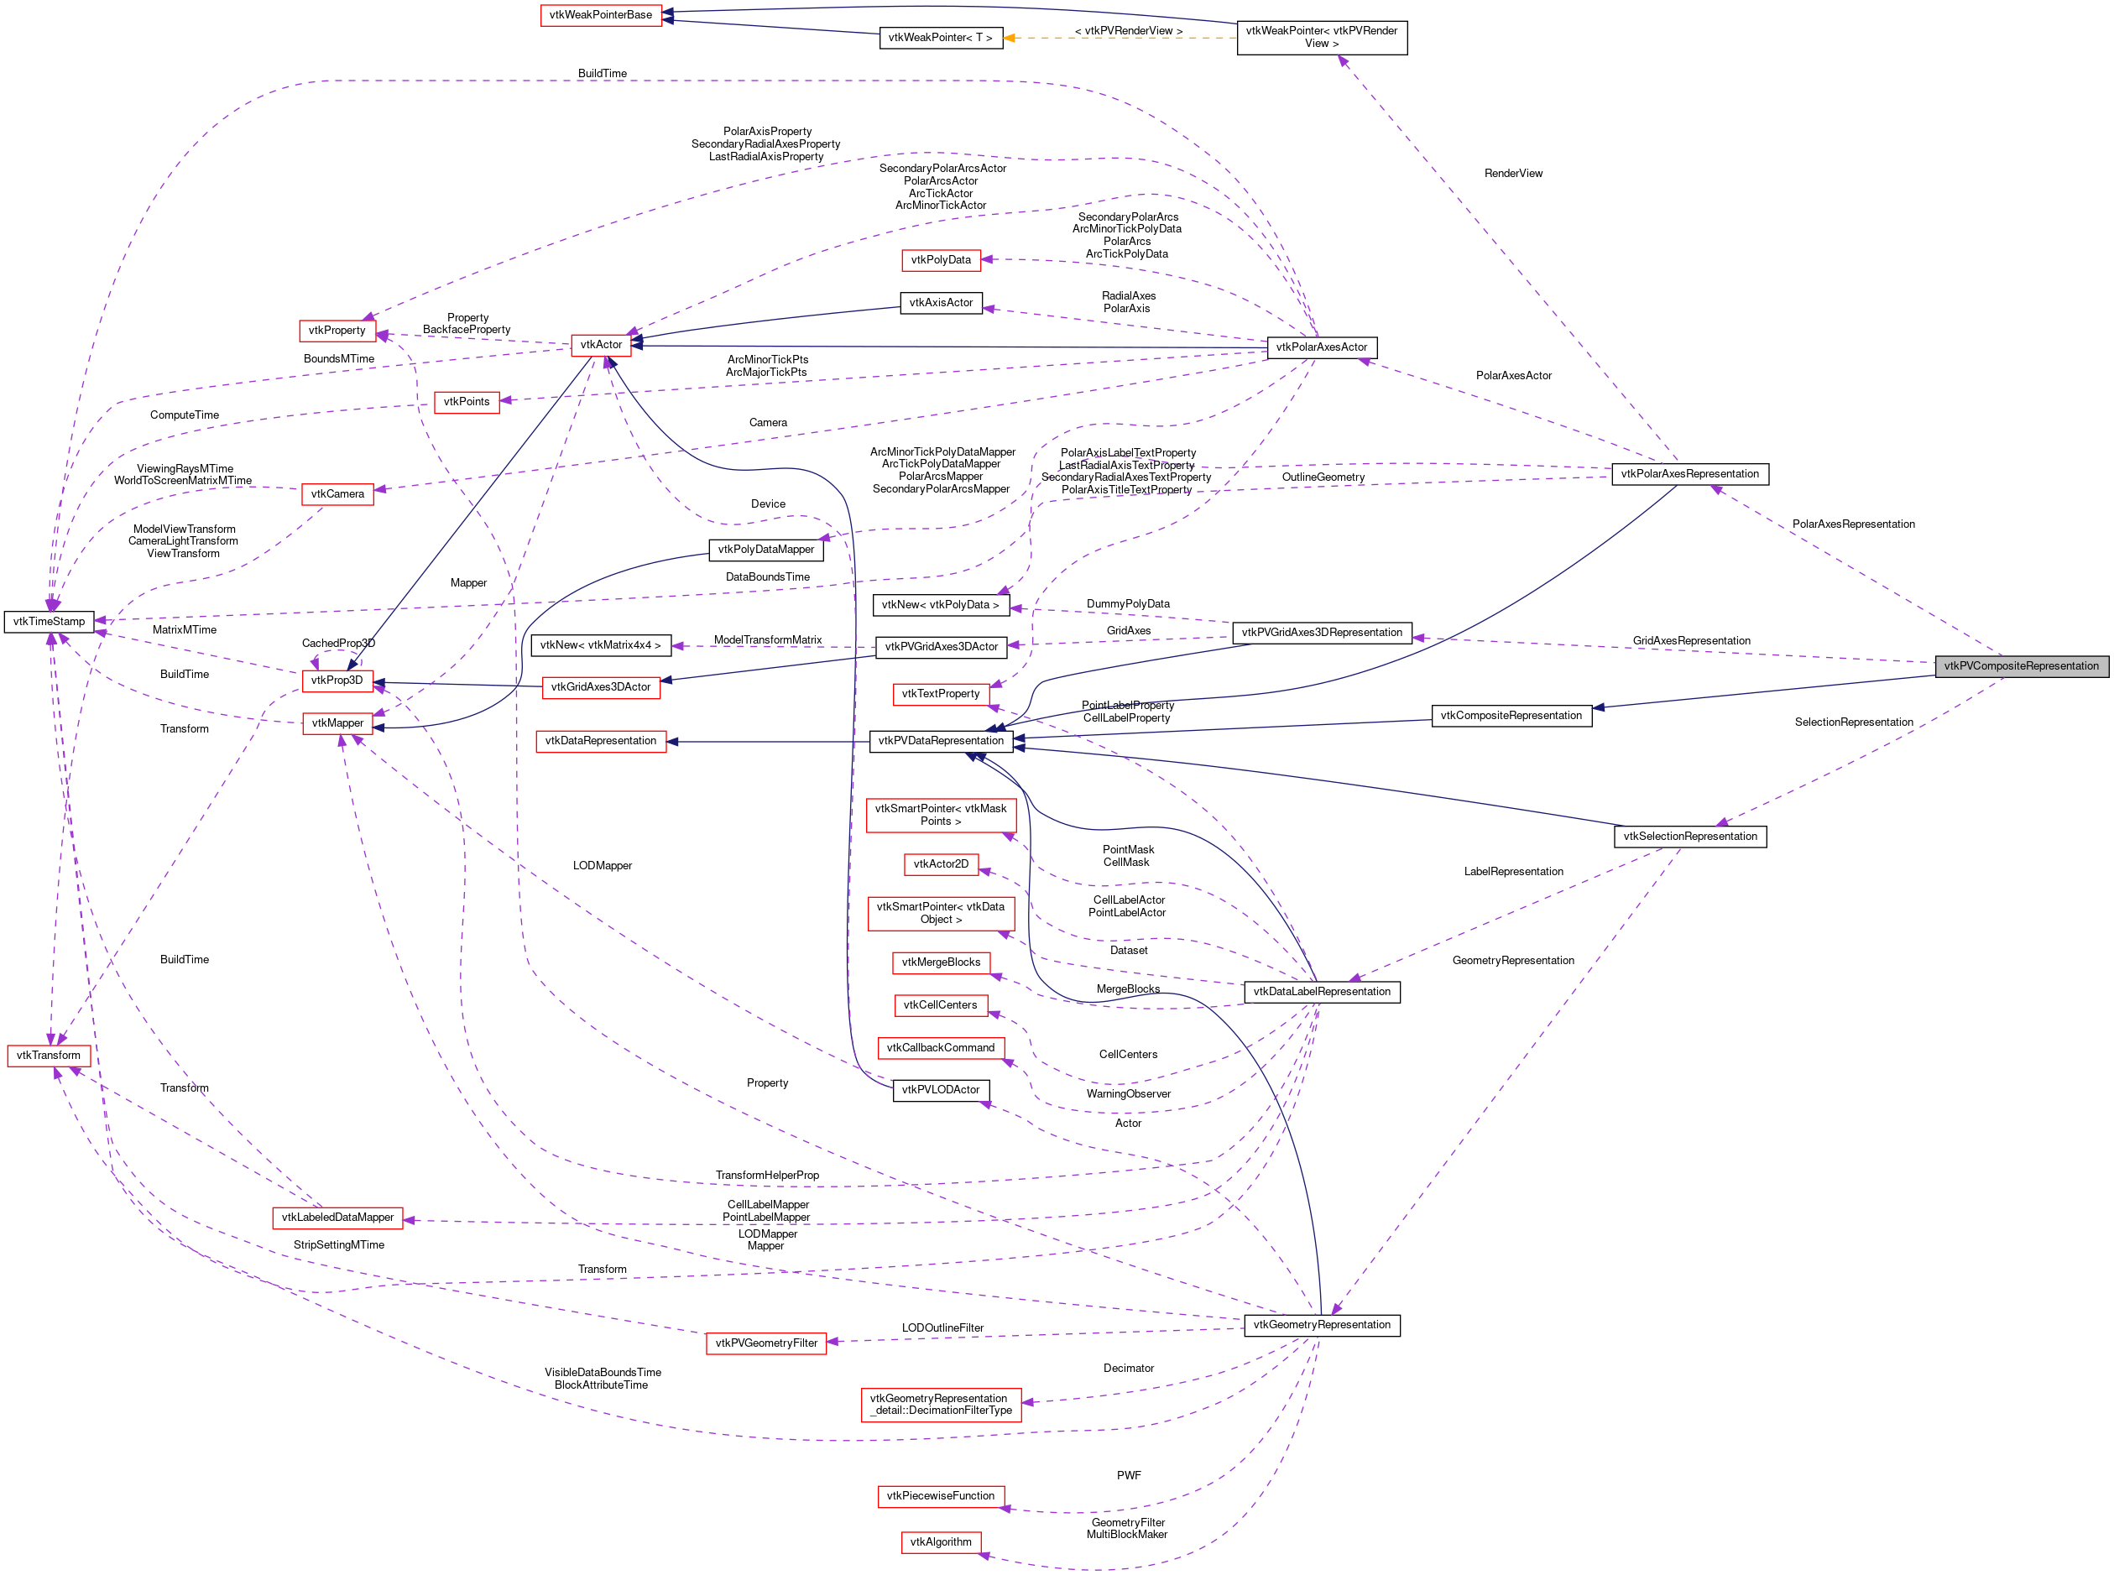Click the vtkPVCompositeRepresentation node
coord(2021,665)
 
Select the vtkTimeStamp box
coord(49,622)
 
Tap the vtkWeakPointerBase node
coord(601,15)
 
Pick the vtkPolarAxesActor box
coord(1321,347)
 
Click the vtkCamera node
coord(337,494)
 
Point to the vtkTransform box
coord(49,1056)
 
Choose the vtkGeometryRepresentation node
coord(1321,1324)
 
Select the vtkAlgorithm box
coord(940,1541)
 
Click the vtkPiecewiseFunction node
coord(940,1496)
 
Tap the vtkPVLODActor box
coord(940,1090)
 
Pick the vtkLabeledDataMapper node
coord(337,1218)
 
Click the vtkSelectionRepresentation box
coord(1689,836)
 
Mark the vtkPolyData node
coord(940,259)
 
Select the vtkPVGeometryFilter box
coord(765,1343)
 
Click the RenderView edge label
coord(1512,174)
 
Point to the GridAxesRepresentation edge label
coord(1691,641)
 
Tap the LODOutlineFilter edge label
coord(942,1328)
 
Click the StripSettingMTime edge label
coord(338,1245)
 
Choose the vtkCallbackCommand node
coord(940,1048)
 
